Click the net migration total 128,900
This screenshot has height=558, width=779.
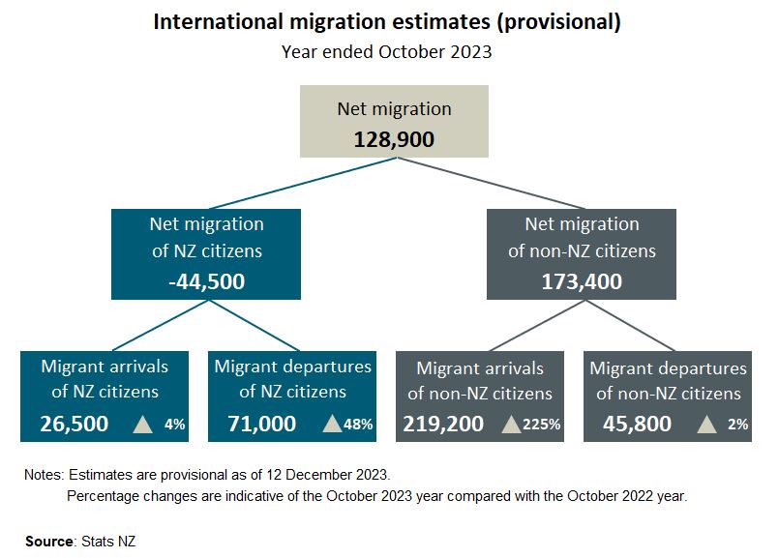pos(394,138)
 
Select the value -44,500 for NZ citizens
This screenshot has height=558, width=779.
pos(205,281)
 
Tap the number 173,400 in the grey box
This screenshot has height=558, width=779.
pos(582,281)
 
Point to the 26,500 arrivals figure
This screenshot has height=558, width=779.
pos(75,424)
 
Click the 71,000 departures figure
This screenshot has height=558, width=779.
pos(261,424)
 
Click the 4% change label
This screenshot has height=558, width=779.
pos(174,424)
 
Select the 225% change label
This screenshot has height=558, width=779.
pos(543,424)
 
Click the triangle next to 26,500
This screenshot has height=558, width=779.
pos(143,424)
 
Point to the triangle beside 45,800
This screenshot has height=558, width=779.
pos(707,424)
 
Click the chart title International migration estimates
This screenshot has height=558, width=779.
pos(387,21)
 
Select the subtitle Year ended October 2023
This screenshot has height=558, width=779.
pos(387,52)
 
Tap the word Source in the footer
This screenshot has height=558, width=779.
pos(48,541)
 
